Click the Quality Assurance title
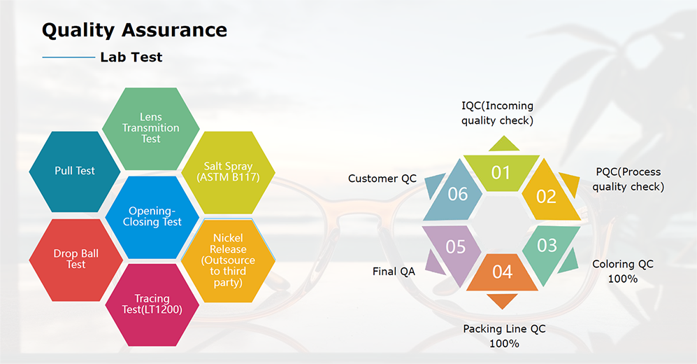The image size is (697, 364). click(134, 30)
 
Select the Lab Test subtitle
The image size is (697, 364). click(131, 57)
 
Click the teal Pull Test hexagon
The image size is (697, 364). click(75, 170)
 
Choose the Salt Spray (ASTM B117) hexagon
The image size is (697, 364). click(228, 172)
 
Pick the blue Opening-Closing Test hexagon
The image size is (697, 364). click(155, 216)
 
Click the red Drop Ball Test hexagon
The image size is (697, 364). click(76, 259)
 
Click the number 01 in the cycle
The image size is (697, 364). click(501, 172)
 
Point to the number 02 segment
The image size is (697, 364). click(546, 195)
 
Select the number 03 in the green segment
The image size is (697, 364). click(547, 245)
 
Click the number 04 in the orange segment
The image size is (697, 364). click(502, 272)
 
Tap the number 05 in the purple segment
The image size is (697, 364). click(455, 247)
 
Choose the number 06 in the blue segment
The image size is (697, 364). click(457, 193)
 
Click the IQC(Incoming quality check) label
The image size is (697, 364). click(497, 113)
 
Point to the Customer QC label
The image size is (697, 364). click(382, 178)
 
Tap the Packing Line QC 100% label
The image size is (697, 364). click(504, 336)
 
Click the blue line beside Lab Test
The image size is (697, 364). click(68, 57)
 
